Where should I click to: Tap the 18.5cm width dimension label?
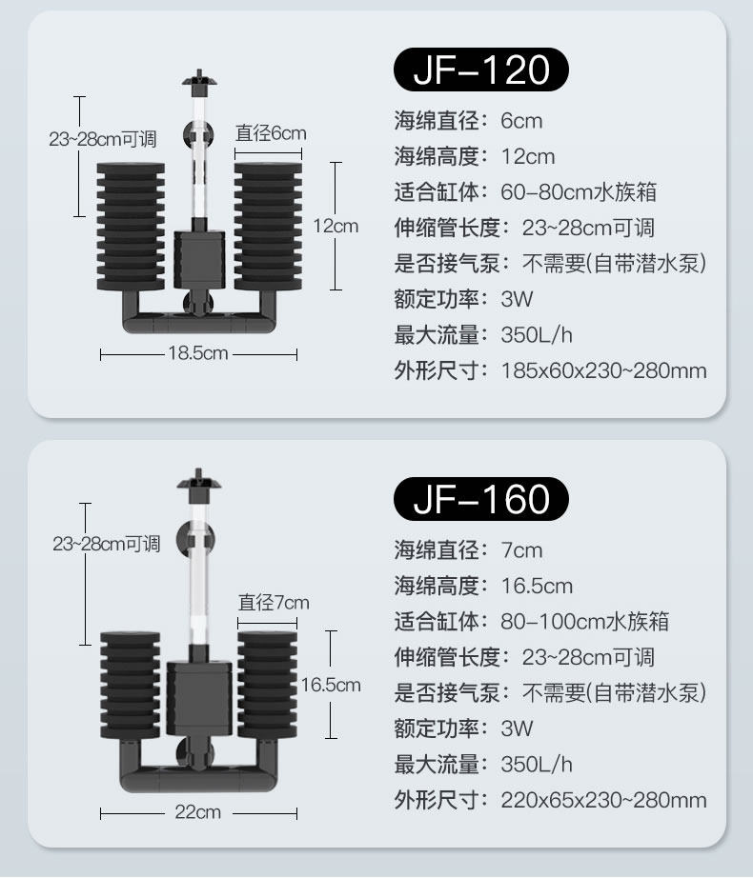point(198,354)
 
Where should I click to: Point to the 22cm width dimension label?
point(198,812)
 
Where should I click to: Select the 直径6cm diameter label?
point(271,133)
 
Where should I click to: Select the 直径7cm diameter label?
point(274,602)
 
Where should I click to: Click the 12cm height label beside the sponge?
point(336,226)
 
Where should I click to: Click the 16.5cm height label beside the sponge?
point(331,685)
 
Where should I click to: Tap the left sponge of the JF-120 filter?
point(131,227)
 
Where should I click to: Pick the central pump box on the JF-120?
point(199,260)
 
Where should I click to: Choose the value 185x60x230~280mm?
point(603,370)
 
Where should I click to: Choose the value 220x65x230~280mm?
point(603,800)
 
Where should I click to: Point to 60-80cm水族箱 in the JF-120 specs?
point(579,192)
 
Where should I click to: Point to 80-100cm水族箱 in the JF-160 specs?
point(584,622)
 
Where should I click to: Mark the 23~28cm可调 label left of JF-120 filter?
point(104,139)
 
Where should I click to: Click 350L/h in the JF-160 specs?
point(537,765)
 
